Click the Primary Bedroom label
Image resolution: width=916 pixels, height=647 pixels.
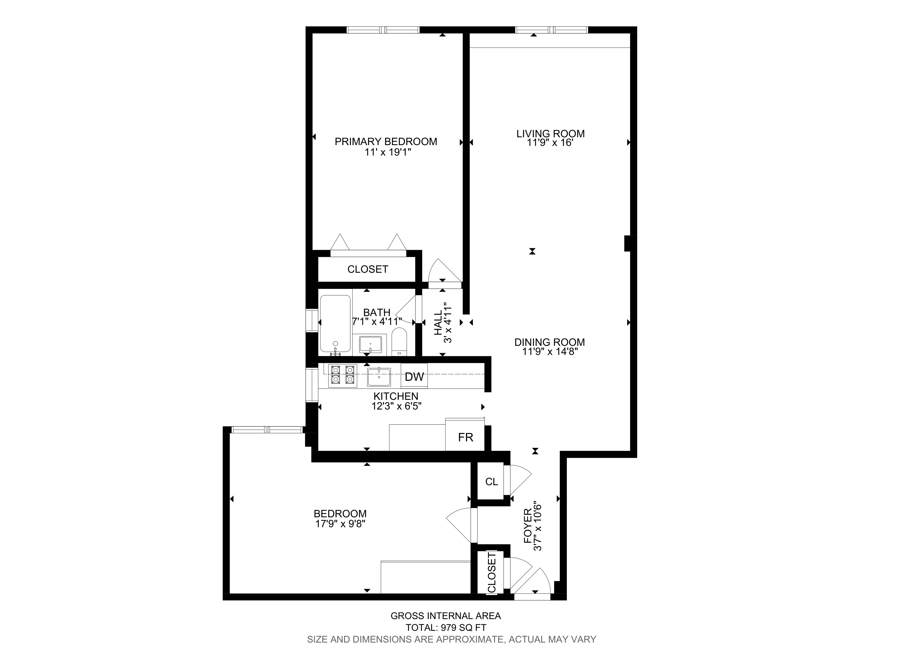[385, 141]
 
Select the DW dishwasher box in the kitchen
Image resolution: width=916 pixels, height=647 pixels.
[414, 376]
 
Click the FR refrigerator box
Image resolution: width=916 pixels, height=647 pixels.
[465, 438]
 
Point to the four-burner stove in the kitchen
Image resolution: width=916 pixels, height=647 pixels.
[343, 376]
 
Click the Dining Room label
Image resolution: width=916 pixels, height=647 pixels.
[549, 342]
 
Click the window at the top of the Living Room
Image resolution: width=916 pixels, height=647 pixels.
[551, 29]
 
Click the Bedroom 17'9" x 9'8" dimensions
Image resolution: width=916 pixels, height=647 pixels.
[340, 524]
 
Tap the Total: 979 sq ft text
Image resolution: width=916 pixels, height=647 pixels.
[446, 627]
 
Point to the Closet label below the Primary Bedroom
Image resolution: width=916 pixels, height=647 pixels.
[367, 270]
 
